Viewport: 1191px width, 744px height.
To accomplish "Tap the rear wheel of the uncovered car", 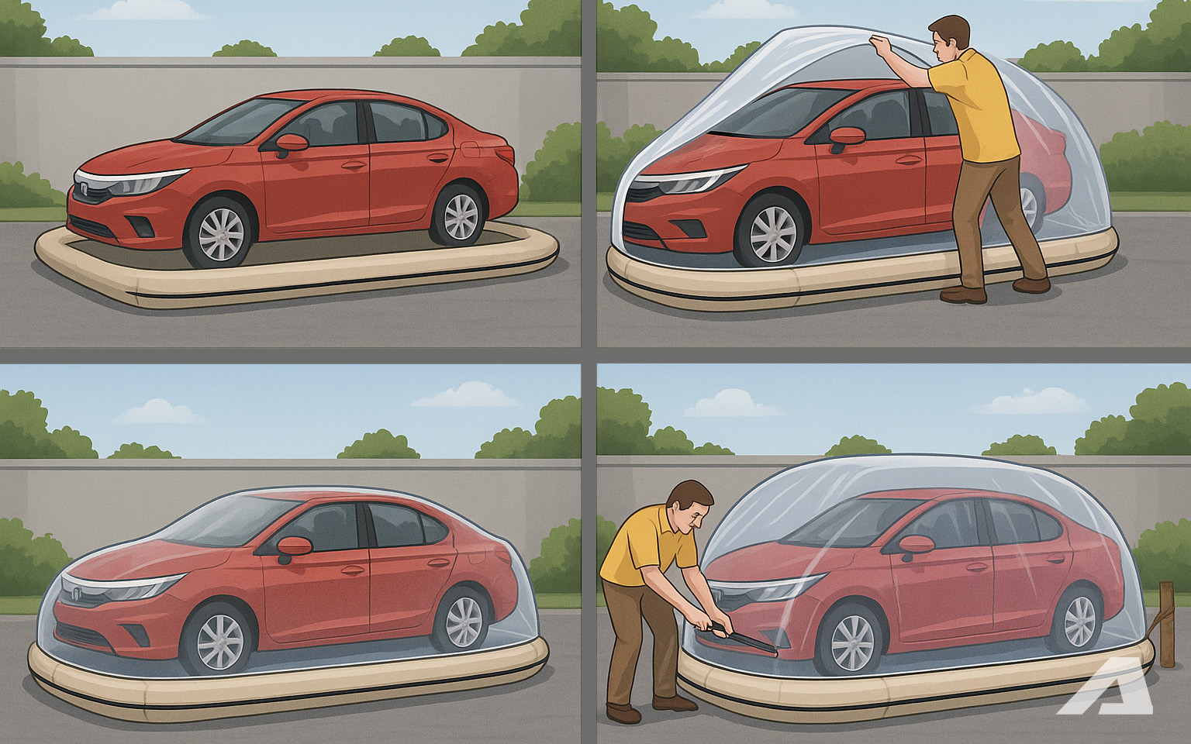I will click(457, 215).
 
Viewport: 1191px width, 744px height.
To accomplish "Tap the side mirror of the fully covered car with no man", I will click(294, 546).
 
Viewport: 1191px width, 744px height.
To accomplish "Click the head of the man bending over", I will click(690, 508).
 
